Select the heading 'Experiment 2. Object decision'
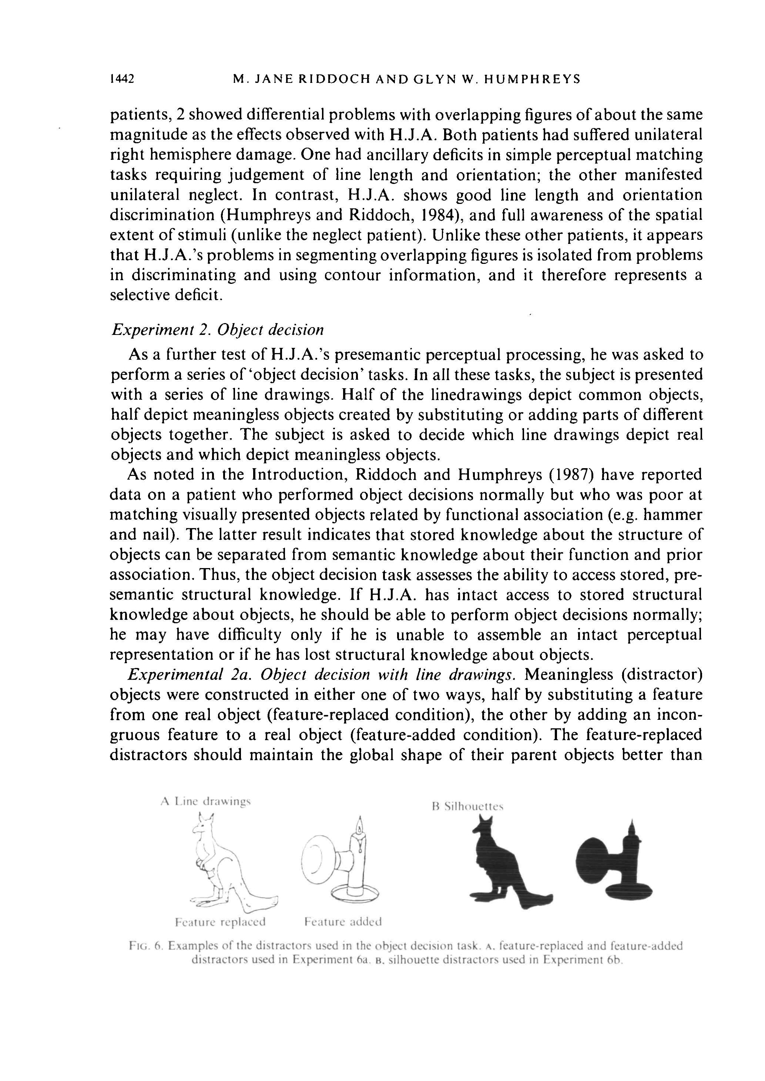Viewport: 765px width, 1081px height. coord(218,330)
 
